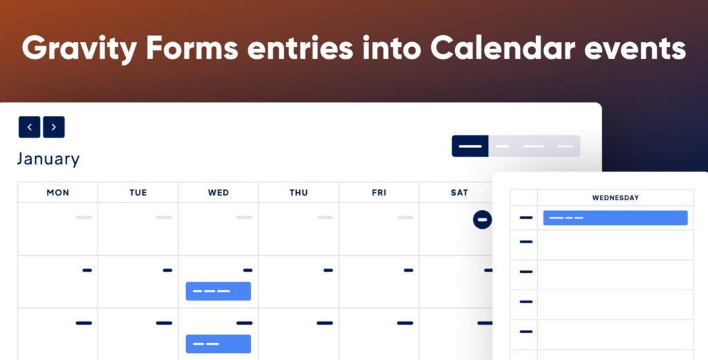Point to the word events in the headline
pyautogui.click(x=635, y=49)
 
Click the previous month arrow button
pyautogui.click(x=29, y=127)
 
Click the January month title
pyautogui.click(x=48, y=159)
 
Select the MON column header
pyautogui.click(x=58, y=193)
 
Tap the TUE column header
pyautogui.click(x=138, y=193)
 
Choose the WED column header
pyautogui.click(x=218, y=193)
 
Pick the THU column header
pyautogui.click(x=299, y=193)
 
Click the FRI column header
pyautogui.click(x=379, y=193)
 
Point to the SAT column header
pyautogui.click(x=459, y=193)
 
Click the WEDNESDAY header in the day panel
pyautogui.click(x=615, y=198)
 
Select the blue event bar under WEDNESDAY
pyautogui.click(x=615, y=218)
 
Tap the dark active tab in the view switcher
pyautogui.click(x=470, y=146)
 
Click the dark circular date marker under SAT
pyautogui.click(x=483, y=220)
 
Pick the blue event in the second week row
pyautogui.click(x=218, y=291)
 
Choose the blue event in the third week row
pyautogui.click(x=218, y=343)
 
